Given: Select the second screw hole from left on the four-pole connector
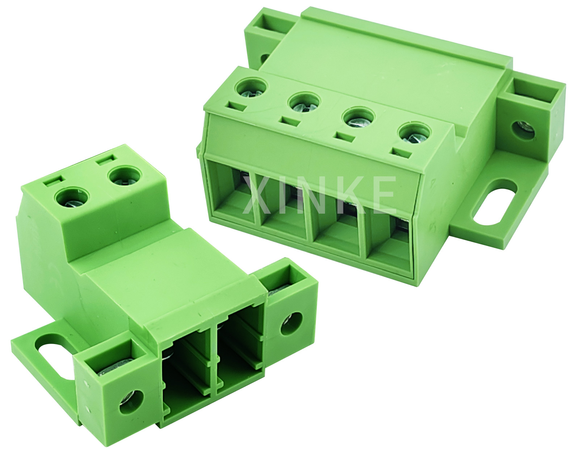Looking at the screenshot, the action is [304, 102].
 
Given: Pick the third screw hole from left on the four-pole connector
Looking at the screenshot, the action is [358, 118].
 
